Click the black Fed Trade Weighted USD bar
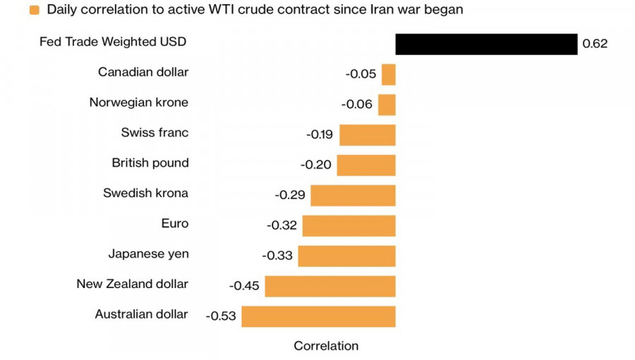click(486, 44)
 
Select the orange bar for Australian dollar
click(318, 316)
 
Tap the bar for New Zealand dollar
click(329, 286)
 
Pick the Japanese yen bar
click(346, 256)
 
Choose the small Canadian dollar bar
click(388, 74)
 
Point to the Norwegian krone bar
click(387, 104)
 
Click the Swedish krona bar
click(353, 195)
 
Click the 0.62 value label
click(595, 44)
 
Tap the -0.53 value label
click(221, 316)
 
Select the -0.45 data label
click(244, 286)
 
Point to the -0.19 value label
click(320, 134)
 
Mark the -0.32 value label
click(282, 225)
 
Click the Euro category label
click(175, 223)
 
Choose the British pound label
click(150, 162)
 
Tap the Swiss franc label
click(155, 132)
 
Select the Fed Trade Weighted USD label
click(113, 42)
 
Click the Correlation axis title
click(326, 346)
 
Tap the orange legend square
click(34, 11)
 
